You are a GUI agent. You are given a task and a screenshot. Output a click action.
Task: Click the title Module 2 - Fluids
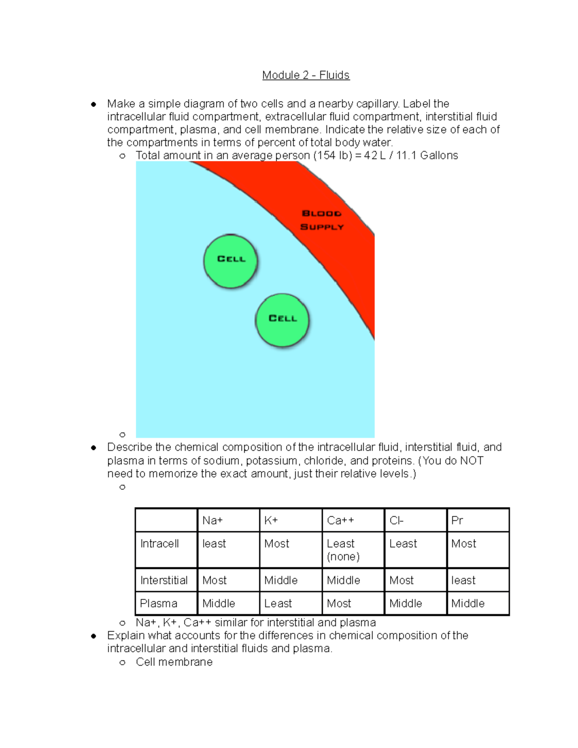click(306, 75)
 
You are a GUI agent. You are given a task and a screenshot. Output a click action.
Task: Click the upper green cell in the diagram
click(231, 261)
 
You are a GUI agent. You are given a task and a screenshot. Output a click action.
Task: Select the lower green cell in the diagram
click(282, 320)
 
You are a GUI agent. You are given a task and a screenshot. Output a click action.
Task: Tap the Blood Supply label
click(322, 220)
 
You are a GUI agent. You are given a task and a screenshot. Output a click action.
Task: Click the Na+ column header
click(212, 520)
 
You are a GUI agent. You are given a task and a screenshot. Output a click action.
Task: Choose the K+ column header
click(271, 520)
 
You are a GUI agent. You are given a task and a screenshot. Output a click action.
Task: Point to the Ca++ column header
click(341, 520)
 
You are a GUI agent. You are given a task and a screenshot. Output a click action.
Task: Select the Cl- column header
click(396, 520)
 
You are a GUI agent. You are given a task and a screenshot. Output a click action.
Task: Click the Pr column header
click(457, 520)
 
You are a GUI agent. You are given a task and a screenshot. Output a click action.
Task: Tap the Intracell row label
click(159, 544)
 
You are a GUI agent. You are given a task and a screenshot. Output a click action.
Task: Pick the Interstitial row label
click(164, 580)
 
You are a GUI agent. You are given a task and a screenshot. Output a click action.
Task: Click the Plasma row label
click(158, 604)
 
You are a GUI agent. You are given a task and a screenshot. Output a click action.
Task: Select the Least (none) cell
click(343, 550)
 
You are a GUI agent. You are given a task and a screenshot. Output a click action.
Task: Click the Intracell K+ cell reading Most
click(276, 544)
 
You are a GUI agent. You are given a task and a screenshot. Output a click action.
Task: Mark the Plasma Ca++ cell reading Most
click(339, 604)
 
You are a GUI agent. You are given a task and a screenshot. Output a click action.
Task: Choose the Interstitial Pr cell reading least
click(463, 580)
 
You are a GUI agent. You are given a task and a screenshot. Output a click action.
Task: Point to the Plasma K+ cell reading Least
click(278, 604)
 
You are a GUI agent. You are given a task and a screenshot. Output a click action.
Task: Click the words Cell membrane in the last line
click(174, 662)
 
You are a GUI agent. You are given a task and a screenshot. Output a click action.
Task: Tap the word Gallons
click(439, 156)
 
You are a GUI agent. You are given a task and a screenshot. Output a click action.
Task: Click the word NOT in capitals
click(472, 461)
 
